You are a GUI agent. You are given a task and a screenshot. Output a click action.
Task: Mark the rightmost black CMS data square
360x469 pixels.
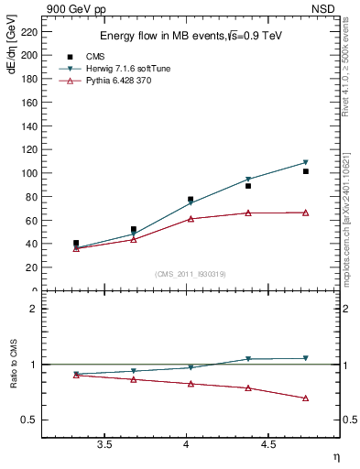(x=305, y=171)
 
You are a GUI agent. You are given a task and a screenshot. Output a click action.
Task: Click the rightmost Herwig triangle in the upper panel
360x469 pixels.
(x=305, y=162)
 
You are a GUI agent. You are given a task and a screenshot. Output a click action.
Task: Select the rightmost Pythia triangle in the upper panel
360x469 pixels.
(x=305, y=213)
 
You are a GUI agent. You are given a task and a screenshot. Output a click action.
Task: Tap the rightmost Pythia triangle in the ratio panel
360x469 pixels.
(x=305, y=398)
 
